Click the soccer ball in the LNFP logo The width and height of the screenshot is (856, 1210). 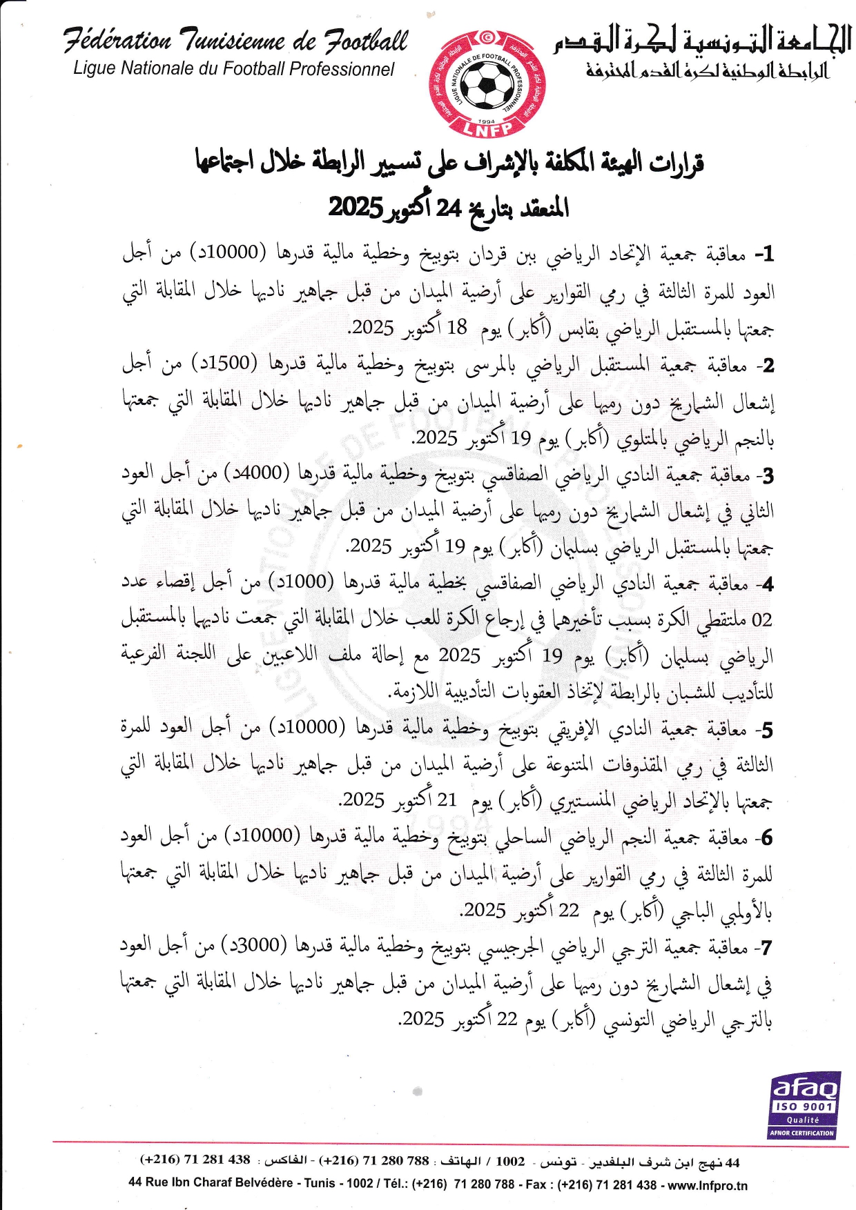coord(487,85)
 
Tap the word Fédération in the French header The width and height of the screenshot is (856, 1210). coord(117,41)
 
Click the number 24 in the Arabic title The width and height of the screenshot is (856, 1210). coord(449,207)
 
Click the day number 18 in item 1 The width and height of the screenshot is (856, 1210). coord(457,328)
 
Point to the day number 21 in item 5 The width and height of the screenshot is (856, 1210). coord(447,800)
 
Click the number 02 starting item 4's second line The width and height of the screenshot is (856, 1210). coord(761,619)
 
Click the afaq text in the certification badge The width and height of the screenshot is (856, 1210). coord(805,1089)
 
